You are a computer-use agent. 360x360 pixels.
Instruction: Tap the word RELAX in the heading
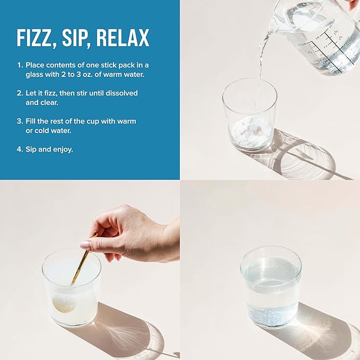[x=122, y=38]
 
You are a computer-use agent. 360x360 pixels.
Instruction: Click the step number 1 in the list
[x=20, y=65]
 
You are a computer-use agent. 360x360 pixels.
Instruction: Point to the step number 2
[x=20, y=93]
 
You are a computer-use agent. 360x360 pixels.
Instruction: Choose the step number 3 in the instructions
[x=20, y=121]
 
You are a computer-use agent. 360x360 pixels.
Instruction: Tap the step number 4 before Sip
[x=20, y=149]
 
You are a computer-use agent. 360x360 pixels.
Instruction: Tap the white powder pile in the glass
[x=249, y=133]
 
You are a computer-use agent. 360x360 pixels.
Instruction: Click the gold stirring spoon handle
[x=84, y=258]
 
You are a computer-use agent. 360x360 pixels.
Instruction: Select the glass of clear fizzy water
[x=271, y=286]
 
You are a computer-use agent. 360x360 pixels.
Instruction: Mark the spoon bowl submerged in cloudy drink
[x=64, y=303]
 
